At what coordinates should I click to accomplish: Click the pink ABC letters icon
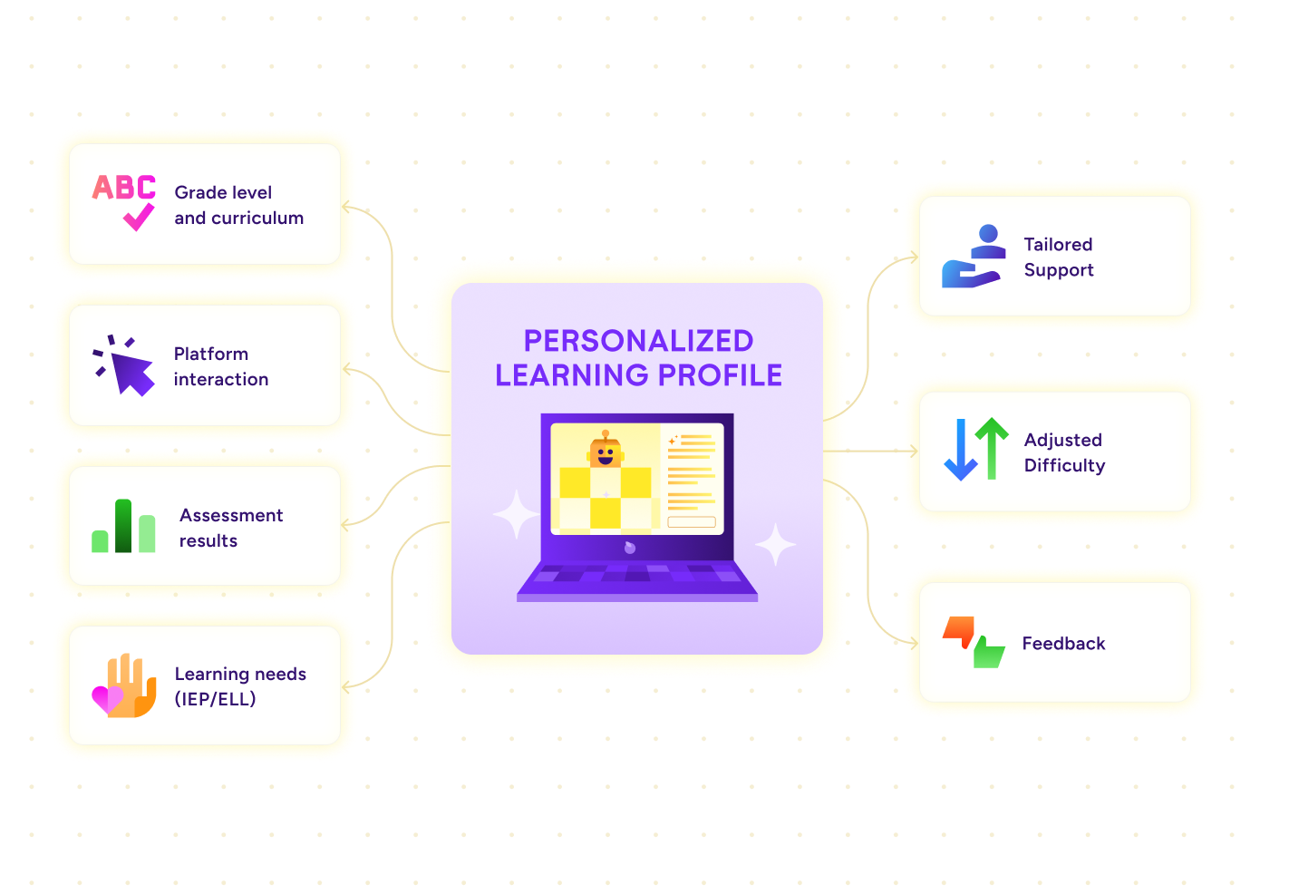click(x=124, y=188)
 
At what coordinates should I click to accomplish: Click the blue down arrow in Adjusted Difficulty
click(x=960, y=450)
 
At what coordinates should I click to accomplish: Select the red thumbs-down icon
click(x=958, y=630)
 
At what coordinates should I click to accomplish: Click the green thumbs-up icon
click(x=988, y=652)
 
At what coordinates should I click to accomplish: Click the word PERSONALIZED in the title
click(x=638, y=341)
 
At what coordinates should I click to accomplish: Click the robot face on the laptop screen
click(x=606, y=452)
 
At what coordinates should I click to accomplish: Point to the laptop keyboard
click(x=637, y=575)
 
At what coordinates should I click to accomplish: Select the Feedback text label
click(x=1063, y=644)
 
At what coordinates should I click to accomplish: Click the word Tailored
click(x=1058, y=245)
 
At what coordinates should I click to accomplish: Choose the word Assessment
click(x=231, y=516)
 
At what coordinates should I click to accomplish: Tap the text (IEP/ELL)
click(x=215, y=699)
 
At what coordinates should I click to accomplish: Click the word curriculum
click(x=257, y=219)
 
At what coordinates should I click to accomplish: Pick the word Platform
click(x=211, y=355)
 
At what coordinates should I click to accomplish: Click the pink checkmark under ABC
click(x=139, y=217)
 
